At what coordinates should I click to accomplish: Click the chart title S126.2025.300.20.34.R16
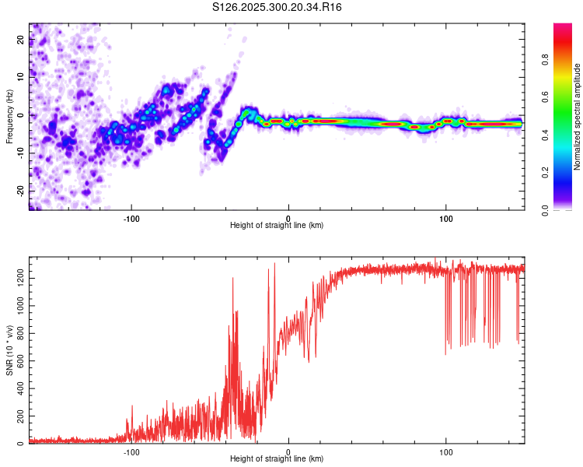coord(278,7)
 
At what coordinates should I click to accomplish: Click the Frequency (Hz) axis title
coord(9,116)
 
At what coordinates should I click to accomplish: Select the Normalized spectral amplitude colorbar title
coord(578,117)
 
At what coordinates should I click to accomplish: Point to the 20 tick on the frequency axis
coord(21,40)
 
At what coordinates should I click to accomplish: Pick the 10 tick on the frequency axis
coord(21,78)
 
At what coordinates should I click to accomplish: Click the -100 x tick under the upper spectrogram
coord(131,217)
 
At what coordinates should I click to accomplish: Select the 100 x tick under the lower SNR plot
coord(446,451)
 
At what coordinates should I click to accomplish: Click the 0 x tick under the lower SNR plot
coord(288,451)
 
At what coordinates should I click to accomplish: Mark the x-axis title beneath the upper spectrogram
coord(277,226)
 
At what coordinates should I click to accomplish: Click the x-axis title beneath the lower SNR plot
coord(277,459)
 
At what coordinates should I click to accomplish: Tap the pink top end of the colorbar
coord(563,28)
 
